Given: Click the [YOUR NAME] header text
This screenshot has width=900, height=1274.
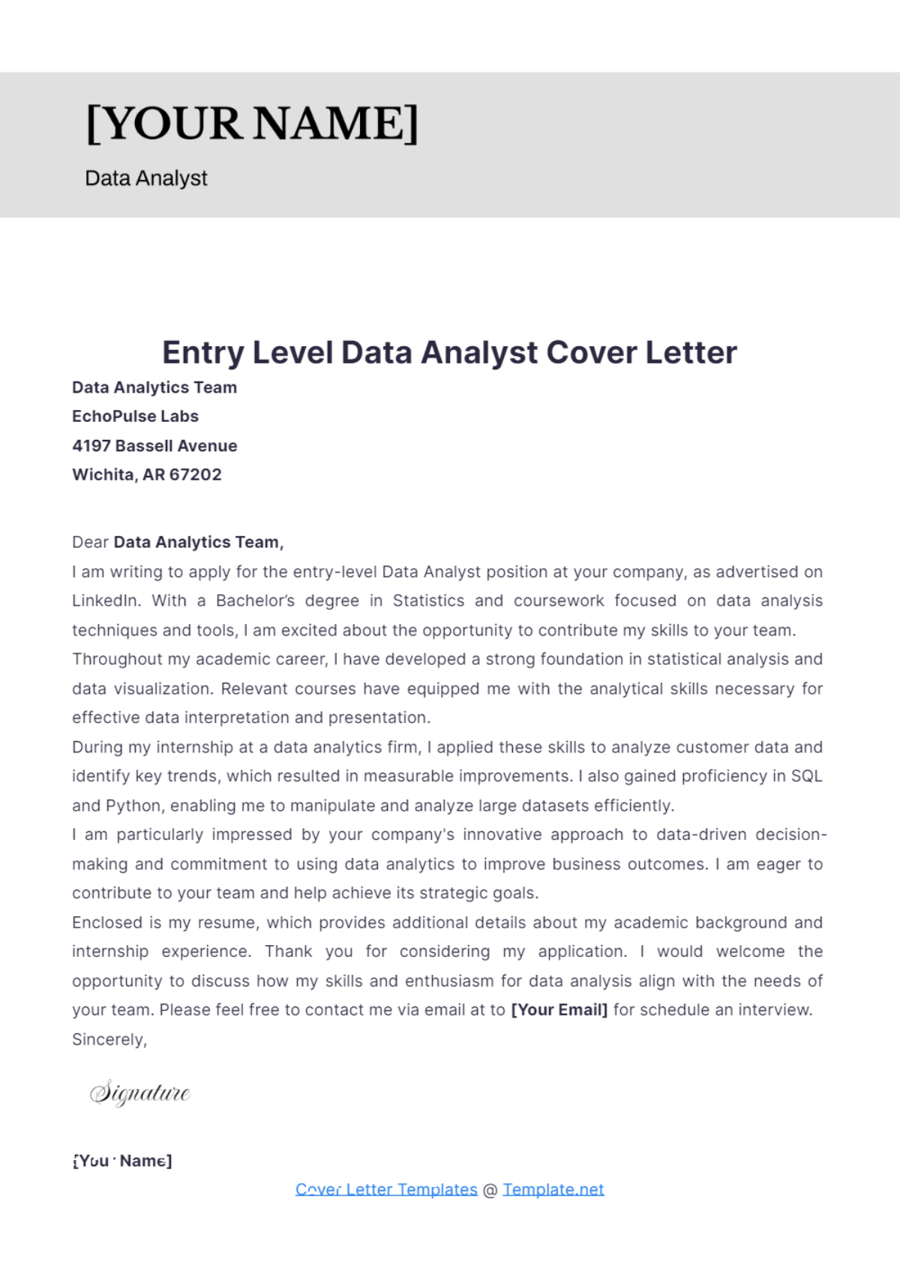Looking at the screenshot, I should [252, 124].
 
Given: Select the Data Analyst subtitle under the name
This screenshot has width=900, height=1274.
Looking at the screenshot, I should [146, 178].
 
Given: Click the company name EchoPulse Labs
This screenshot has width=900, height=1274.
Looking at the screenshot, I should [135, 416].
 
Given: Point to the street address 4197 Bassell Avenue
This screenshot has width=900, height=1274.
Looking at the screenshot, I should [154, 446].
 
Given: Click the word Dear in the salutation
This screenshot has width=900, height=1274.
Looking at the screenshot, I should [90, 542].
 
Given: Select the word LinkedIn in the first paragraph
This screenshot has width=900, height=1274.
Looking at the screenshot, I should [105, 601].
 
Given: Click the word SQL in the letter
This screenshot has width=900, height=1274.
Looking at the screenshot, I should [807, 776].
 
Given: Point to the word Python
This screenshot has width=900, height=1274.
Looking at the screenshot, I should [133, 806].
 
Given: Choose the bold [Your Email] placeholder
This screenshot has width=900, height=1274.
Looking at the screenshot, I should [559, 1010].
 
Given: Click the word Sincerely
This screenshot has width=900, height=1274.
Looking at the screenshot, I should [109, 1039].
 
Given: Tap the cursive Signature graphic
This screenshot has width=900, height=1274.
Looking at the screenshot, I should [140, 1093].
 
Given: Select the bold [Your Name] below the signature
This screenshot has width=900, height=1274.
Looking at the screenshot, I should [122, 1161].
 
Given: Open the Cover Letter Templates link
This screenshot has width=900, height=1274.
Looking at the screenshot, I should [386, 1189].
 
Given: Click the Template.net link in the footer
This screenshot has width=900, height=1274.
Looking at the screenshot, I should [553, 1189].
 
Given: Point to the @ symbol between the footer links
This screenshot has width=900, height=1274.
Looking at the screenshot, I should [490, 1190].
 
